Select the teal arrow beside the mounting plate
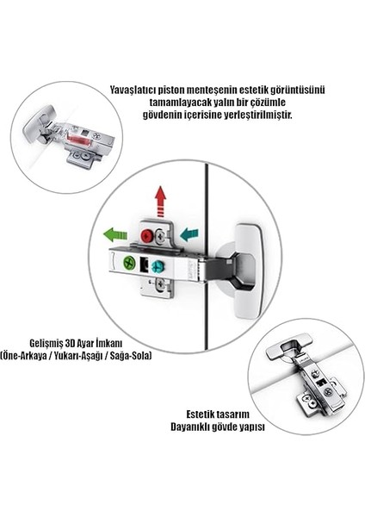(x=189, y=234)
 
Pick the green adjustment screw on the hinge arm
(x=129, y=263)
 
